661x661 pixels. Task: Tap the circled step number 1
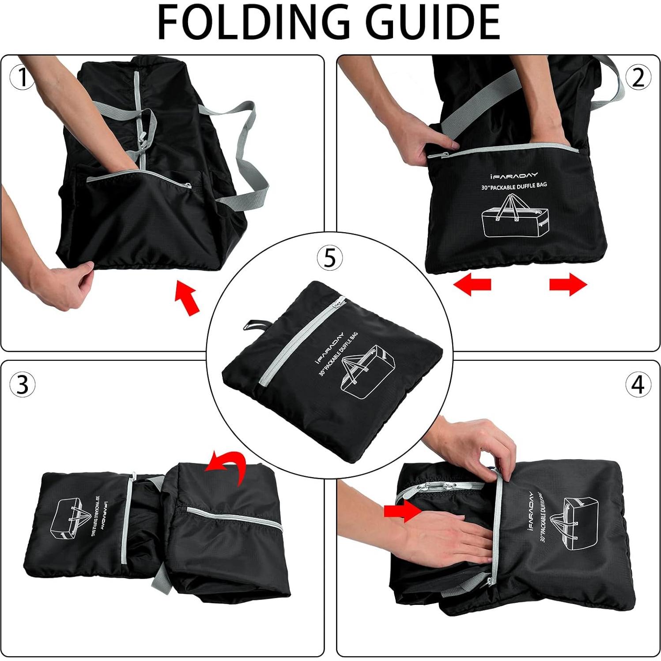pyautogui.click(x=22, y=78)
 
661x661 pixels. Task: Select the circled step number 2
pyautogui.click(x=638, y=78)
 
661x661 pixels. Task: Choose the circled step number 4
pyautogui.click(x=638, y=384)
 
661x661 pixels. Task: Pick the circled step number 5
pyautogui.click(x=329, y=257)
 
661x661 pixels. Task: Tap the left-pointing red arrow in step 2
pyautogui.click(x=472, y=284)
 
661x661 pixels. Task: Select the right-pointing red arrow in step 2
pyautogui.click(x=568, y=284)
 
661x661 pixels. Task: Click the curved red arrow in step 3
pyautogui.click(x=227, y=466)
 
